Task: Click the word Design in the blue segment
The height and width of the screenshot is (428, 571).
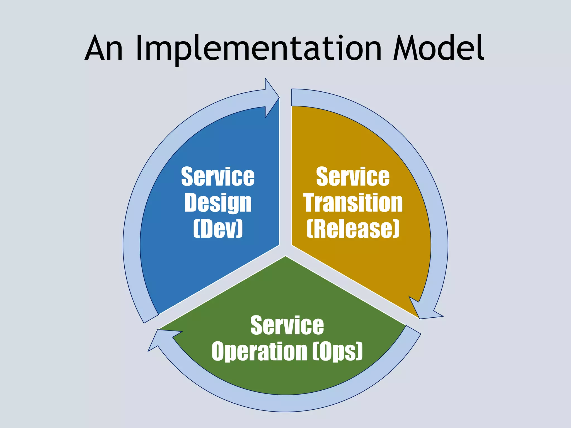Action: tap(218, 203)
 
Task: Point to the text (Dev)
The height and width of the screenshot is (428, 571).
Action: tap(218, 228)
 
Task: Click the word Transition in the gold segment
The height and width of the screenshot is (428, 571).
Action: tap(353, 203)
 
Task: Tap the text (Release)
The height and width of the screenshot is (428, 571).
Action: tap(353, 228)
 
